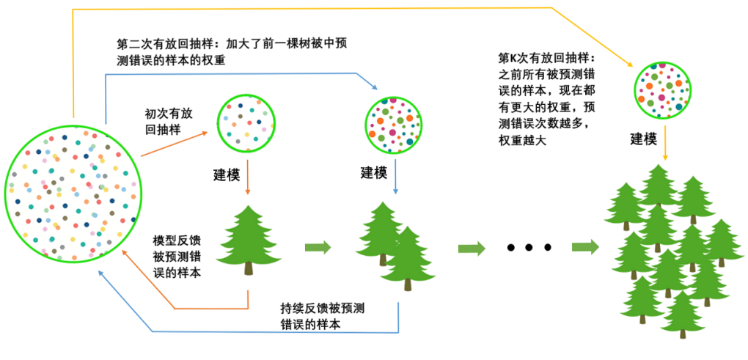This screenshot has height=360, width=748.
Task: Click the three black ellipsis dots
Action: pos(529,248)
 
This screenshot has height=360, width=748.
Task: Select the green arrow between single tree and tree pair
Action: pos(317,247)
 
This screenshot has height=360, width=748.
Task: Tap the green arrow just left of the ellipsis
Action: pos(472,248)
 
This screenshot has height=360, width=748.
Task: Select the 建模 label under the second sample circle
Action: pos(374,173)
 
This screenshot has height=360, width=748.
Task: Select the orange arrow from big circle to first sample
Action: pos(176,144)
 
